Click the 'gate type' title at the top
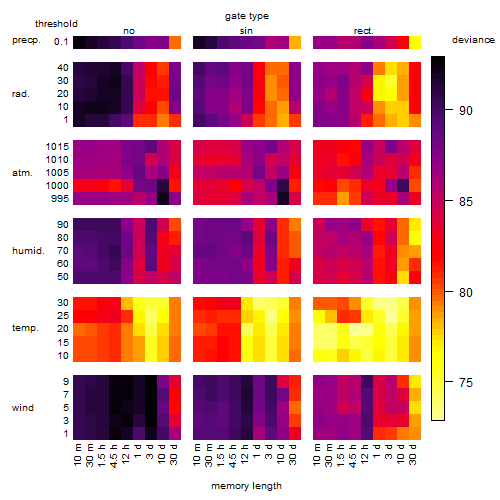click(247, 16)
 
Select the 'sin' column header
click(246, 31)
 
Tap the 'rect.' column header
click(364, 31)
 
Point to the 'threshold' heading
click(56, 24)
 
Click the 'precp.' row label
click(26, 40)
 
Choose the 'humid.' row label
click(28, 251)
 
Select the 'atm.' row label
click(22, 173)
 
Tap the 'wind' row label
click(23, 408)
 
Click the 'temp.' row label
click(25, 328)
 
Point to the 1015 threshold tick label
click(57, 147)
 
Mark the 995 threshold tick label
click(60, 199)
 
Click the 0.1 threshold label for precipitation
click(61, 42)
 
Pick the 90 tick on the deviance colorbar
click(466, 111)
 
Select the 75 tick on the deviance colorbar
click(466, 382)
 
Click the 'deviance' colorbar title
click(473, 40)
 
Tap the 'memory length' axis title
click(247, 486)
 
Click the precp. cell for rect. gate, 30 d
click(415, 42)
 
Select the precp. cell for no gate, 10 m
click(79, 42)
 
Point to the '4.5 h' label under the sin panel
click(233, 456)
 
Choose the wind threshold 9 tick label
click(66, 382)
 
